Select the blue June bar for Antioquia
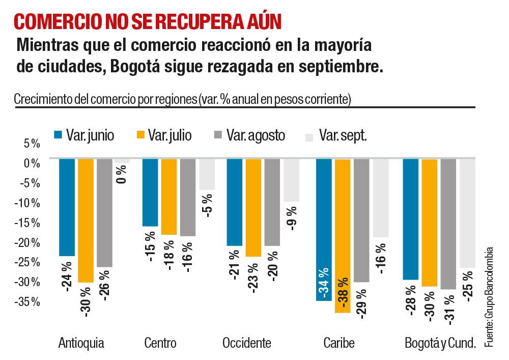[x=67, y=207]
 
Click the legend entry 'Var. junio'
[x=84, y=135]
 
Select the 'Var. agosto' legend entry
[x=249, y=135]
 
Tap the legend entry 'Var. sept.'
[x=335, y=135]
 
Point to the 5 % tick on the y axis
[x=32, y=144]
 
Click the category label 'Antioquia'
[x=81, y=343]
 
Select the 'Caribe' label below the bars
[x=338, y=343]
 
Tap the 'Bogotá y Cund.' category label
[x=440, y=343]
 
